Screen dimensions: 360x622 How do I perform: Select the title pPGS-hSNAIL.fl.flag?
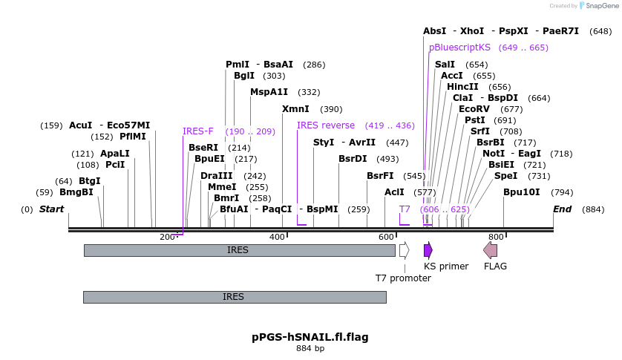click(310, 337)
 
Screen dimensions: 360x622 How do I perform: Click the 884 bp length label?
click(310, 348)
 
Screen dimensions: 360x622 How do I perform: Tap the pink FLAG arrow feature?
click(490, 250)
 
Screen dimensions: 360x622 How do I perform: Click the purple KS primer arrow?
click(428, 250)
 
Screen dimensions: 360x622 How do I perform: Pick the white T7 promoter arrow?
click(404, 250)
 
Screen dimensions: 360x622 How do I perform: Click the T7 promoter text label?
click(403, 278)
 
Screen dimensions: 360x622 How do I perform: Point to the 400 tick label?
click(277, 237)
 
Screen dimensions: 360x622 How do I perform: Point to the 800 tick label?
click(496, 237)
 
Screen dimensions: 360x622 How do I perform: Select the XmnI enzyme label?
click(295, 109)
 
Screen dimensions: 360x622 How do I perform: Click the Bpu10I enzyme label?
click(522, 192)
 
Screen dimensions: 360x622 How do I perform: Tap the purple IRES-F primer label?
click(198, 131)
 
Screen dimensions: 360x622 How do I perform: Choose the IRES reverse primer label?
click(326, 125)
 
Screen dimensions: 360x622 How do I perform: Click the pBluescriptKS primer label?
click(460, 48)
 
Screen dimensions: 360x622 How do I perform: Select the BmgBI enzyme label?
click(76, 192)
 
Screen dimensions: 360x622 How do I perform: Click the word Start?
click(51, 209)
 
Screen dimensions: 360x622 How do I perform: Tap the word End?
click(562, 209)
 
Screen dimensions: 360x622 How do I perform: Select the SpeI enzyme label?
click(505, 176)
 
